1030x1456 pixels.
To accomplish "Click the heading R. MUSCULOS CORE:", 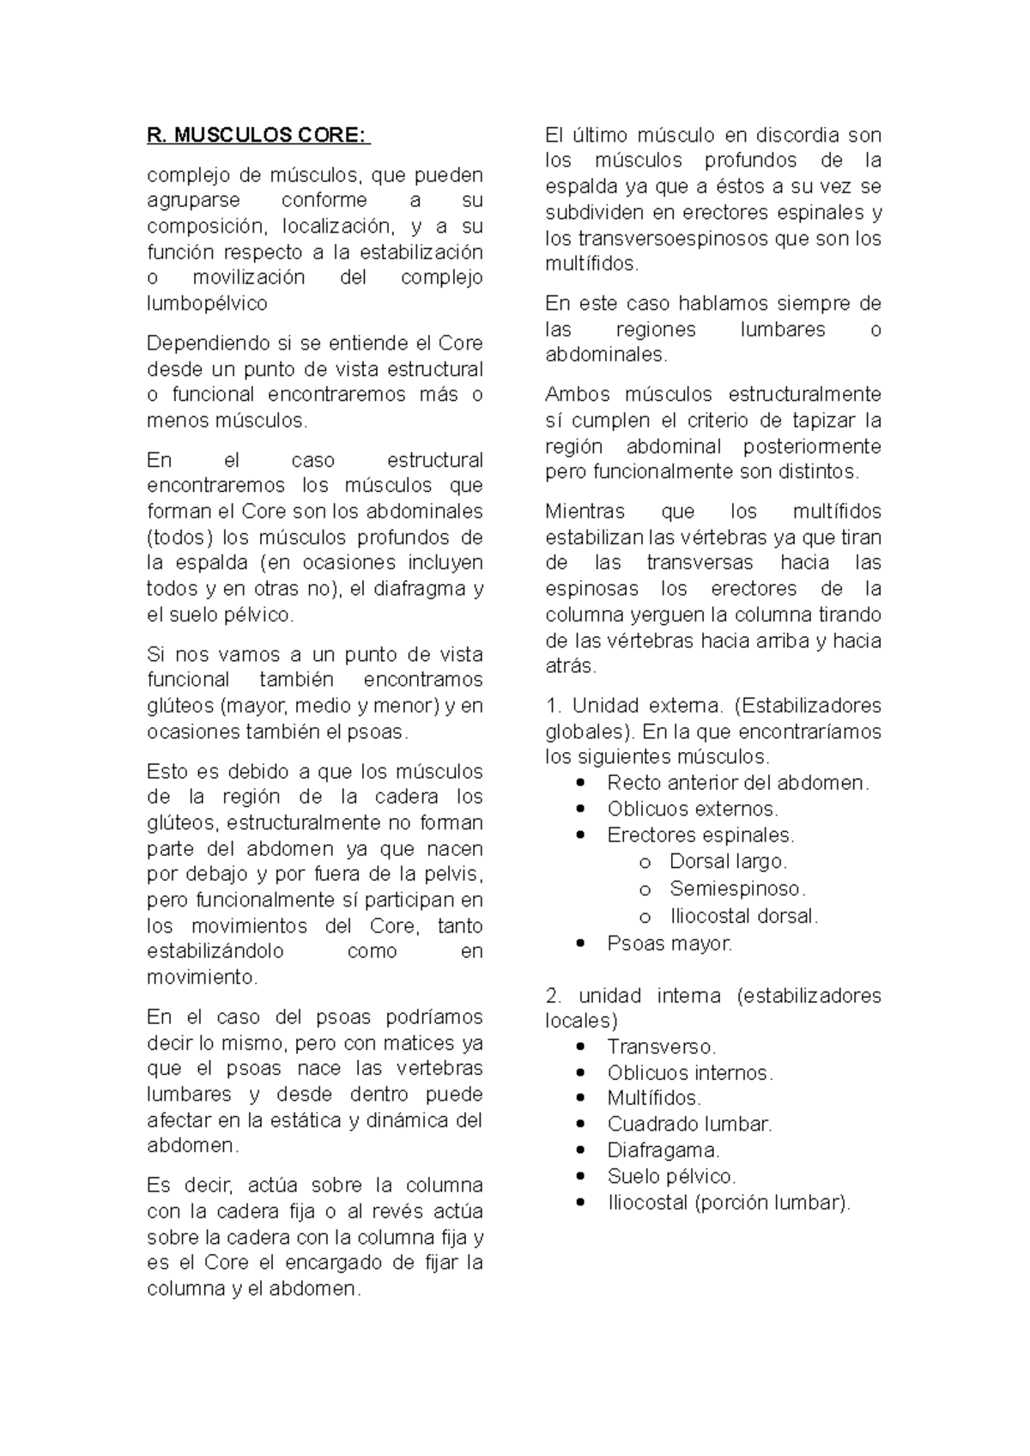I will point(258,136).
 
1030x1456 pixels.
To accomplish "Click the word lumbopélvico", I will point(207,303).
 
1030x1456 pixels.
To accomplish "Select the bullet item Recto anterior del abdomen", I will point(738,783).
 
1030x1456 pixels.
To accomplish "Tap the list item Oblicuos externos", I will point(693,809).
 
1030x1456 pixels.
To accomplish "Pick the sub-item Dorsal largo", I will point(728,861).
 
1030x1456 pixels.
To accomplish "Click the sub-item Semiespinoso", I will point(737,889).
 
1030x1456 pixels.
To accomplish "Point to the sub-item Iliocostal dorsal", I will point(743,916).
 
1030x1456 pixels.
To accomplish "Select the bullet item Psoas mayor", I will point(669,943).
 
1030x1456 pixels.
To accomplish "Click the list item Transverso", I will point(661,1047).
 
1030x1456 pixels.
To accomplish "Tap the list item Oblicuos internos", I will point(690,1073).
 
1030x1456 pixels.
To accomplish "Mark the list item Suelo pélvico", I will point(671,1176).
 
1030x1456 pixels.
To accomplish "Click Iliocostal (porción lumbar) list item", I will point(729,1203).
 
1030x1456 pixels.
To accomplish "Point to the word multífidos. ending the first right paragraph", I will point(592,264).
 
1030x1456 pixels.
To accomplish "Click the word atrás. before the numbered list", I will point(570,666).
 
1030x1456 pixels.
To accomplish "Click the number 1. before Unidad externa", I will point(554,706).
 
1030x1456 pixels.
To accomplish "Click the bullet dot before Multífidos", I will point(583,1099).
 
